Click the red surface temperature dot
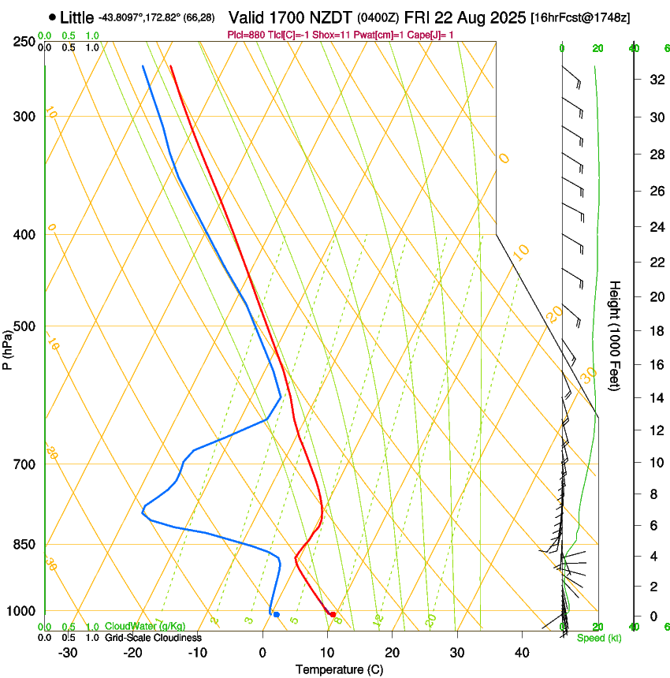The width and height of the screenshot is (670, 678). (x=333, y=614)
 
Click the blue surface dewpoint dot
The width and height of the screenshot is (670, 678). (x=276, y=614)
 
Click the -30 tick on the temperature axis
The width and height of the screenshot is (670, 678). (x=68, y=653)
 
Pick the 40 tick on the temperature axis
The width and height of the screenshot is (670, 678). (x=521, y=653)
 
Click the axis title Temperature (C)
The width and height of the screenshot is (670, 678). (x=339, y=670)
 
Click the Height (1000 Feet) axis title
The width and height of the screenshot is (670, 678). (x=616, y=336)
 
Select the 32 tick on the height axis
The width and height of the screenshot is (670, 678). (x=656, y=80)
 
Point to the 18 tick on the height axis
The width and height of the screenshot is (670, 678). (x=656, y=331)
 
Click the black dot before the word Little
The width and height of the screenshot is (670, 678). (x=52, y=17)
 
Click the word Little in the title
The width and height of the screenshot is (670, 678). (x=76, y=17)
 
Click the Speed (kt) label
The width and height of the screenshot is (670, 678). (x=598, y=638)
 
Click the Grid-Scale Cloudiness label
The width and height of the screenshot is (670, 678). (x=153, y=637)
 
